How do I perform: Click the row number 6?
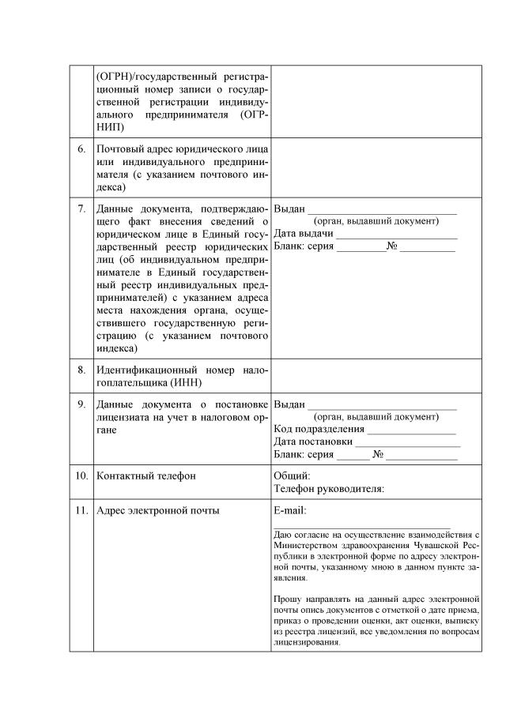click(x=81, y=148)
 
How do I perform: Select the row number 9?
click(x=81, y=404)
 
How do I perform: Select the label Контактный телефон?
click(x=146, y=476)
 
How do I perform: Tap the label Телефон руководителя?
click(x=329, y=489)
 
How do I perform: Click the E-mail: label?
click(x=290, y=510)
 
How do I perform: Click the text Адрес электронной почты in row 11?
click(x=158, y=510)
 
